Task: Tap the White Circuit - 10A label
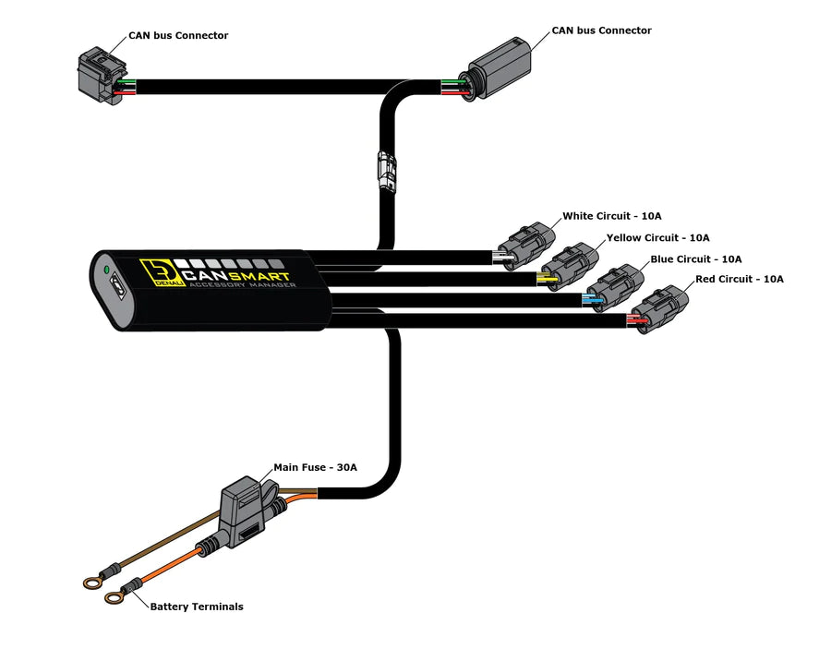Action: pos(611,216)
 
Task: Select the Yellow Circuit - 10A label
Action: pos(657,238)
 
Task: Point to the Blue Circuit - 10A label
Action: pos(695,259)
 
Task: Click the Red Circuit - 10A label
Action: pos(739,279)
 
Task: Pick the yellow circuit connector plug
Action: pos(565,266)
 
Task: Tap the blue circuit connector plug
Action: pos(614,287)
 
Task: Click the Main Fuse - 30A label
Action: pos(315,468)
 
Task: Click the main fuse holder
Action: pos(243,517)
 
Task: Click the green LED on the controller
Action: pos(107,270)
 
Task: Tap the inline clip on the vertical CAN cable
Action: pos(386,171)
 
